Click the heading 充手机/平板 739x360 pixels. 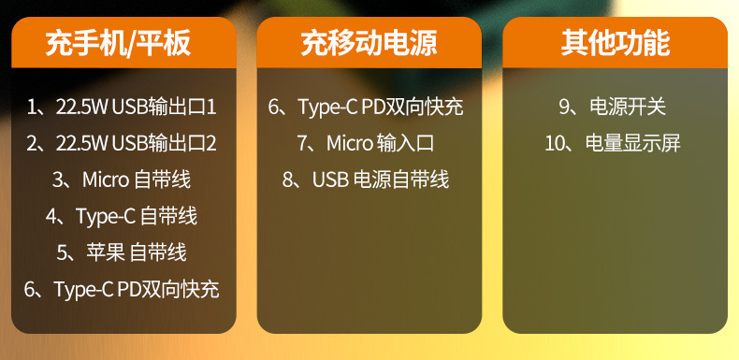click(x=118, y=43)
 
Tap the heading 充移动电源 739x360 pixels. click(x=369, y=43)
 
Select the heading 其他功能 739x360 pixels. click(x=615, y=43)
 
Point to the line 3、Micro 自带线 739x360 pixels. click(x=122, y=180)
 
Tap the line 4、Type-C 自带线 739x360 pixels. click(x=122, y=216)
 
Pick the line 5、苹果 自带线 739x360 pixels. click(x=122, y=252)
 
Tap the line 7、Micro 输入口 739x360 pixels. click(x=366, y=144)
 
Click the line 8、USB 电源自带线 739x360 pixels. click(x=366, y=180)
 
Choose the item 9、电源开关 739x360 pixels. click(x=612, y=108)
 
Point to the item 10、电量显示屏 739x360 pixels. click(x=613, y=144)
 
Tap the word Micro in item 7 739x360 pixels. click(x=350, y=144)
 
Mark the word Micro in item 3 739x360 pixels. click(x=106, y=180)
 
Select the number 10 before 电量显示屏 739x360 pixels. click(x=554, y=144)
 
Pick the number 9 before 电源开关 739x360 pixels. click(x=564, y=108)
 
